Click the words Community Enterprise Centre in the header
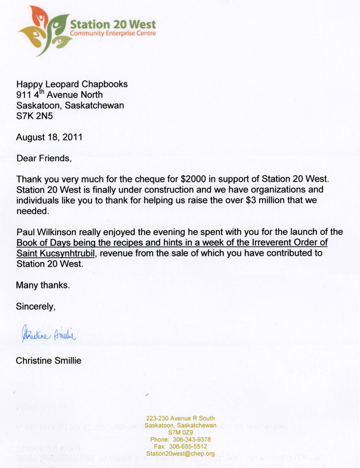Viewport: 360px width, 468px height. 112,33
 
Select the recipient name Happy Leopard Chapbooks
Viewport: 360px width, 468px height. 71,84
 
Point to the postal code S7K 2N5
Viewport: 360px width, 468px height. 34,116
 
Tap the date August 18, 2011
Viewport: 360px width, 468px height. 48,137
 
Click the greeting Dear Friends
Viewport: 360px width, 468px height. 44,158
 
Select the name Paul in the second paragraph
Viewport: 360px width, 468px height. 26,232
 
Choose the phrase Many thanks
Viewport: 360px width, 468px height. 42,285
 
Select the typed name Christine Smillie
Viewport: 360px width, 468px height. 48,361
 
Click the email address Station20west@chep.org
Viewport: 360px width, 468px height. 180,454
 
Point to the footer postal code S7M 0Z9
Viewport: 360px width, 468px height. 180,433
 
